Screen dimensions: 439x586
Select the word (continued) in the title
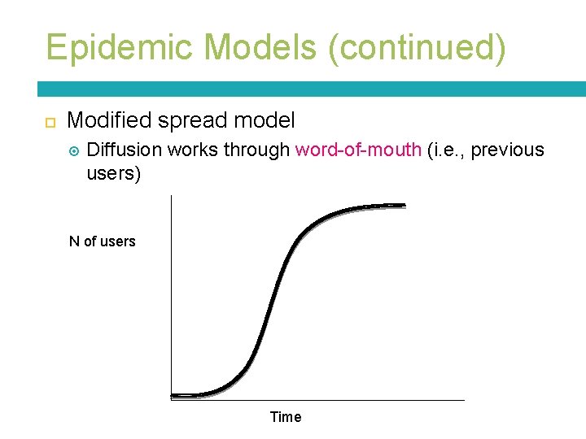[417, 48]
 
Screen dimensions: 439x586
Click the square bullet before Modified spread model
[49, 122]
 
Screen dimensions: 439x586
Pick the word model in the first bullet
[265, 121]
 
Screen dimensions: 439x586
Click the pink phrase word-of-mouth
[358, 150]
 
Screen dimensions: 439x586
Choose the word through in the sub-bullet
[256, 150]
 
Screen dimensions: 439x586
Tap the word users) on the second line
[113, 174]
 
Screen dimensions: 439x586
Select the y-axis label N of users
[103, 241]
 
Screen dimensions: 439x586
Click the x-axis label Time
[286, 417]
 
